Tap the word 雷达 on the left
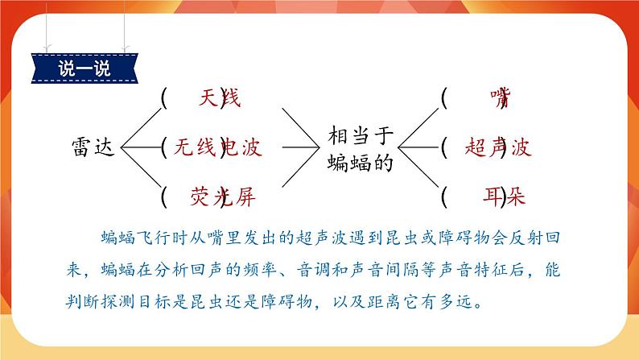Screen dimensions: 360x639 pyautogui.click(x=95, y=147)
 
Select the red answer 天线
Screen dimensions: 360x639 pyautogui.click(x=219, y=99)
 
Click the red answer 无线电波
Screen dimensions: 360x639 pyautogui.click(x=218, y=147)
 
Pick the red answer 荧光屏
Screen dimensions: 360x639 pyautogui.click(x=224, y=196)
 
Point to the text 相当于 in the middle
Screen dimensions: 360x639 pyautogui.click(x=362, y=136)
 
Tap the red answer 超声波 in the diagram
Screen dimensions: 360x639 pyautogui.click(x=498, y=147)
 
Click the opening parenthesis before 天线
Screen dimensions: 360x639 pyautogui.click(x=165, y=98)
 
